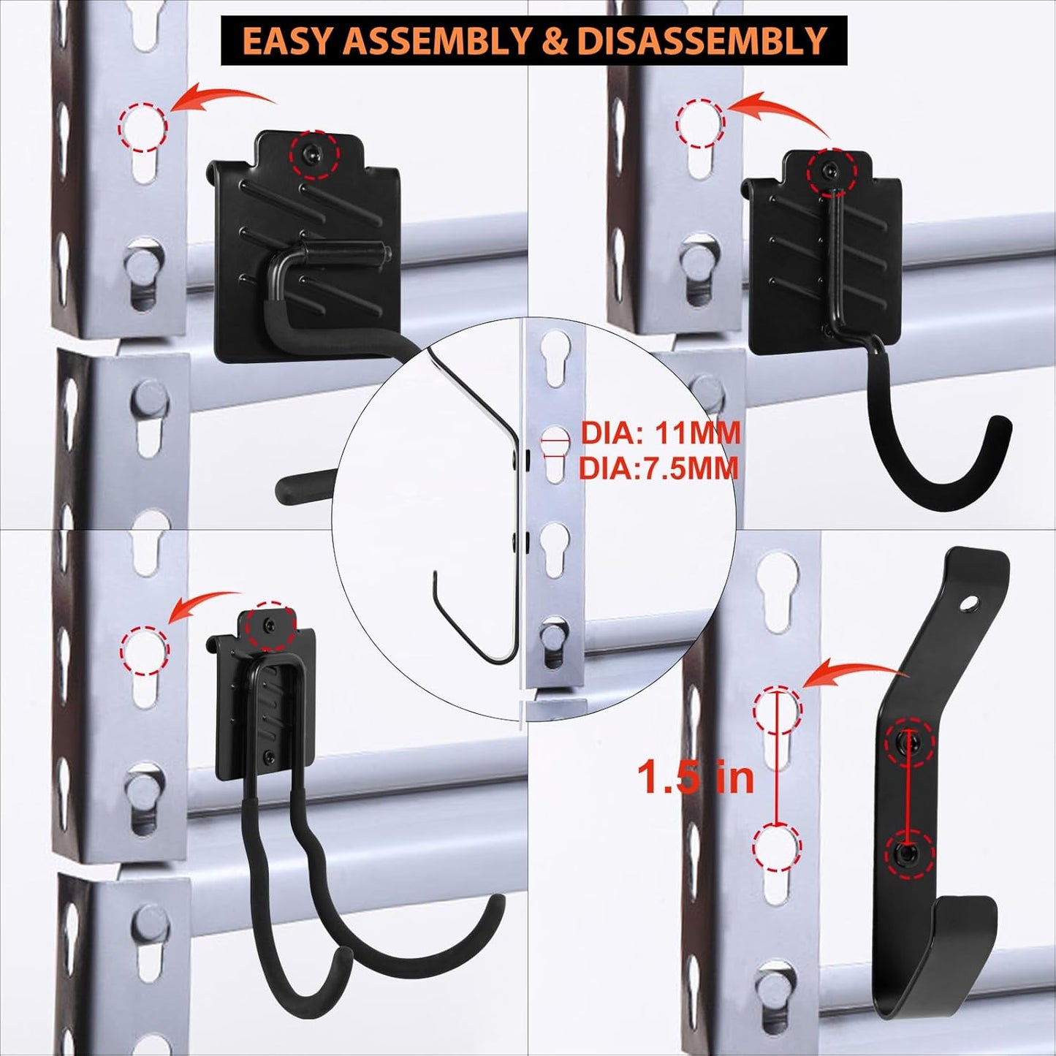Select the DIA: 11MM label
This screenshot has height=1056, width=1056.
(x=660, y=433)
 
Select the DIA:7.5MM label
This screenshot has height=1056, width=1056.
(x=658, y=468)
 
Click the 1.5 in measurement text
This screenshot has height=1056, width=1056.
(x=695, y=776)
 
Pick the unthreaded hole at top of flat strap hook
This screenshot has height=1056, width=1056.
(x=968, y=604)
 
